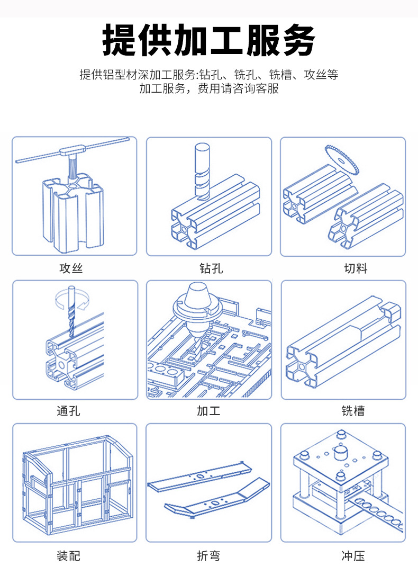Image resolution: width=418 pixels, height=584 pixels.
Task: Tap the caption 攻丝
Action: point(71,268)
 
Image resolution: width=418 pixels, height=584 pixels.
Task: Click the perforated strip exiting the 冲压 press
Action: point(373,508)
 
